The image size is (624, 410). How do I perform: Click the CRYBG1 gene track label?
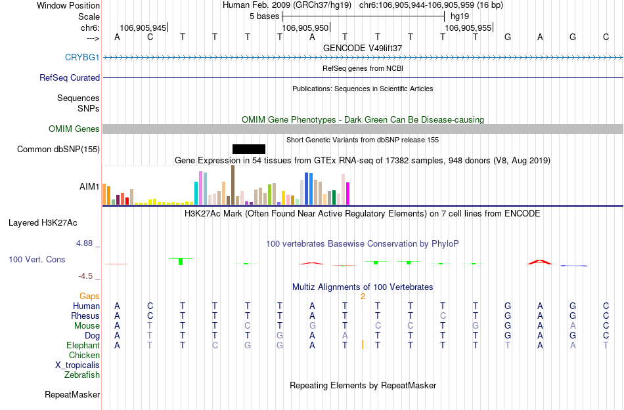coord(82,58)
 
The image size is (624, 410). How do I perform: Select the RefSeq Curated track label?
coord(70,78)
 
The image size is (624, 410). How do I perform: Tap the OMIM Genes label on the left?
coord(74,129)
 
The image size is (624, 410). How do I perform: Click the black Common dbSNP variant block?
coord(249,149)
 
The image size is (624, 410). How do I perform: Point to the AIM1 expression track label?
coord(89,187)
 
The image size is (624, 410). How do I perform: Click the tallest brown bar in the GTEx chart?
coord(233,185)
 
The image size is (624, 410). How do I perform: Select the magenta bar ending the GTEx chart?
coord(348,193)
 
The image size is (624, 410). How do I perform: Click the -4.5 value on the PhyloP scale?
coord(86,276)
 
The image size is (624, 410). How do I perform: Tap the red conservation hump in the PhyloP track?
coord(539,262)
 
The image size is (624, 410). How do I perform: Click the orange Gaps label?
coord(89,297)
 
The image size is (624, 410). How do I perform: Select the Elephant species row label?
coord(83,346)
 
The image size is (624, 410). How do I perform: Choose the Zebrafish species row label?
coord(82,375)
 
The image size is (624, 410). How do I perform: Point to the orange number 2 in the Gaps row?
coord(363,297)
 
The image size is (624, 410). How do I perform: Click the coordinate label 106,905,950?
coord(304,28)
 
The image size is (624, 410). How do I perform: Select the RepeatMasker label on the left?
coord(72,395)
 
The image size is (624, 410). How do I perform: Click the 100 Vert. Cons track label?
coord(37,260)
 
